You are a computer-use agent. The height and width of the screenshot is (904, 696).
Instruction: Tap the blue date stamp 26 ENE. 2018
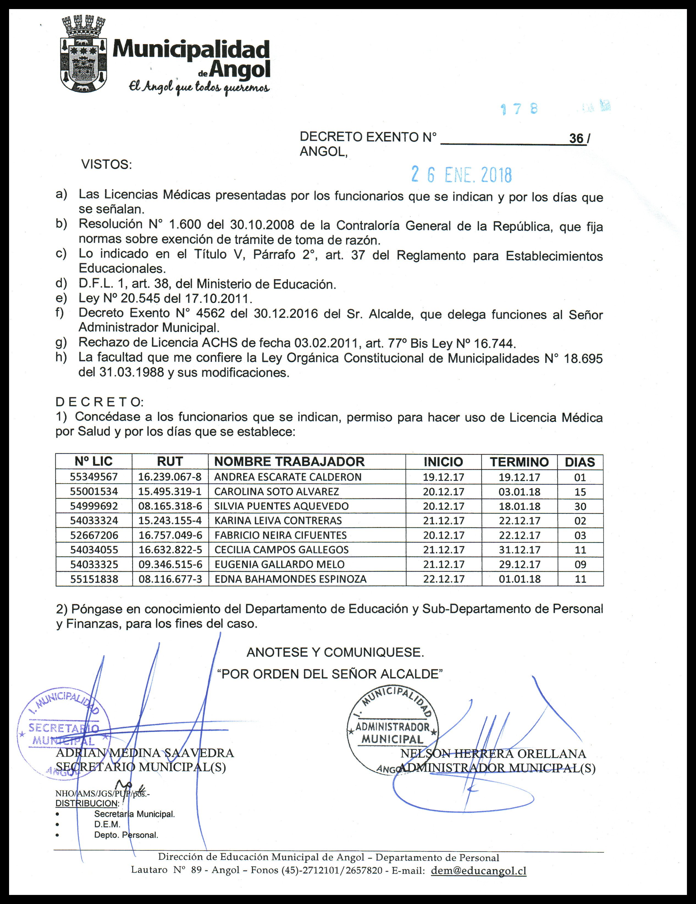point(461,175)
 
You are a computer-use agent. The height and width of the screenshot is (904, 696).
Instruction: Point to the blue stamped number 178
point(519,109)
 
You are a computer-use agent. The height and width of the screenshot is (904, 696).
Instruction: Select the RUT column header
point(170,462)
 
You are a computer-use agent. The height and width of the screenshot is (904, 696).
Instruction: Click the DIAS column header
point(580,462)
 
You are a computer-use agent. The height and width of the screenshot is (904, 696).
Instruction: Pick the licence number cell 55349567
point(94,477)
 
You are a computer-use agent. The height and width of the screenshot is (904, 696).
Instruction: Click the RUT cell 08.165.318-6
point(170,506)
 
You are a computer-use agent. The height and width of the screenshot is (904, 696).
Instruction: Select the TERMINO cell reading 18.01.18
point(519,506)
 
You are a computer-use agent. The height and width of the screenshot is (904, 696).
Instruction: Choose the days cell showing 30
point(580,506)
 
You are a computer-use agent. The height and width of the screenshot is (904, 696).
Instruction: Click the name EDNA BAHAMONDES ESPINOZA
point(290,579)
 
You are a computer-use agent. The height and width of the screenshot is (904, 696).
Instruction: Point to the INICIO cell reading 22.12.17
point(443,579)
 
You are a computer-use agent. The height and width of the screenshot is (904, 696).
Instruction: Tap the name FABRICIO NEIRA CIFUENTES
point(280,535)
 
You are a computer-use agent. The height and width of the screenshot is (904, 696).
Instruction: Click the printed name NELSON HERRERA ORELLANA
point(493,754)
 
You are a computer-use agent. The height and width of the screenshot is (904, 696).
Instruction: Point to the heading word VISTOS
point(106,165)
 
